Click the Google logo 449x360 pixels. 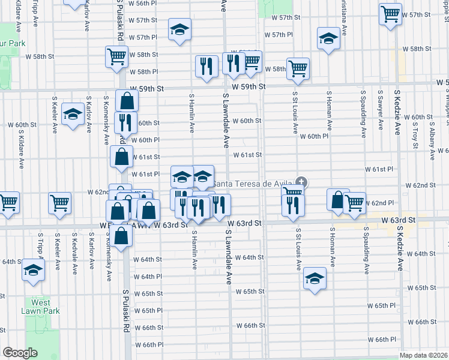(x=20, y=353)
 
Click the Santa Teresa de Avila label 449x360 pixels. (x=253, y=184)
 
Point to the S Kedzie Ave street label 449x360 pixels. (x=397, y=112)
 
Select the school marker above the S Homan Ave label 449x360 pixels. (x=328, y=40)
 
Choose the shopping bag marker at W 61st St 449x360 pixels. (x=122, y=157)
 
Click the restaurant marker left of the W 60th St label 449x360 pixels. (x=125, y=122)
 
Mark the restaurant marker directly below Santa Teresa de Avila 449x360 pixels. (x=293, y=206)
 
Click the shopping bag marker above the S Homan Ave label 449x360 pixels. (x=338, y=199)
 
